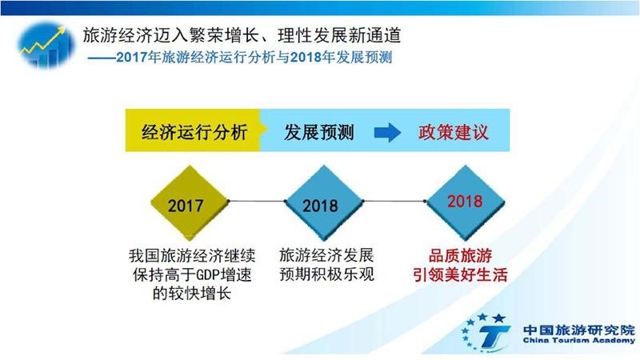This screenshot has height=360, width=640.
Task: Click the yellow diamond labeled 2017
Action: [190, 202]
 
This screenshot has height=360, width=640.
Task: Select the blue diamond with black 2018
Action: [324, 202]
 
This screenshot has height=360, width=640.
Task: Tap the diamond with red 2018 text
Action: [466, 202]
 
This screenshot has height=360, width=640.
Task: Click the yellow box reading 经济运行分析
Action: [194, 130]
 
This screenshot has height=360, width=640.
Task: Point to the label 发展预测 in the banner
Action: [318, 132]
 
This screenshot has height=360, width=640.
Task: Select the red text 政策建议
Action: [453, 132]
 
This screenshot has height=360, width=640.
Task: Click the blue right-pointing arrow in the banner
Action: [387, 132]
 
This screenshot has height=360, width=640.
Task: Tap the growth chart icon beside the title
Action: [46, 45]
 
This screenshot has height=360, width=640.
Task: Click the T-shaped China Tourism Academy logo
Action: [486, 333]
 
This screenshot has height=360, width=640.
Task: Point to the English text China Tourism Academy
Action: [578, 341]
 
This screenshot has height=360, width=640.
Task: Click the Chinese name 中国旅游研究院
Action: [578, 329]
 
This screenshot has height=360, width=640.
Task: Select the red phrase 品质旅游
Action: [460, 256]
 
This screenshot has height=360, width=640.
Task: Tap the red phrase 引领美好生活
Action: [460, 274]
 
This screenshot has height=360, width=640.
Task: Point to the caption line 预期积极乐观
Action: [326, 274]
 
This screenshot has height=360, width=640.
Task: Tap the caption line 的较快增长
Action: [192, 294]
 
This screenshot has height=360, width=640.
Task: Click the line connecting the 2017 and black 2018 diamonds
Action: [257, 202]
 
